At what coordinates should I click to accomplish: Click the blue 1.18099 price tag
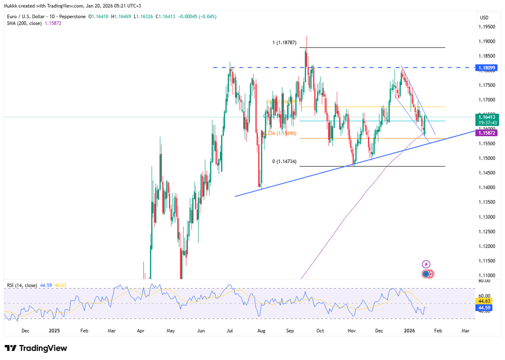[x=487, y=68]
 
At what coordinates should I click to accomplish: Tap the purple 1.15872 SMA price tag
[x=487, y=132]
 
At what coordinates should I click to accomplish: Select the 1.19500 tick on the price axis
[x=487, y=27]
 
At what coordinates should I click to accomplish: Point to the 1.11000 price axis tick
[x=487, y=275]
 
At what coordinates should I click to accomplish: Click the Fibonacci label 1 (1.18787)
[x=286, y=42]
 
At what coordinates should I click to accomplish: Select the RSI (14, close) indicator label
[x=22, y=285]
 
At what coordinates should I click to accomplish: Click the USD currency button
[x=484, y=17]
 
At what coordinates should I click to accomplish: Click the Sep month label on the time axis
[x=290, y=330]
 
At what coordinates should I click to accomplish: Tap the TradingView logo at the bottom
[x=36, y=348]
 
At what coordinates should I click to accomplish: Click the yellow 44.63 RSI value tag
[x=484, y=302]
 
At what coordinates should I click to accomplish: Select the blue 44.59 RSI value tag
[x=484, y=308]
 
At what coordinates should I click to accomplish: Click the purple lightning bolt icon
[x=426, y=264]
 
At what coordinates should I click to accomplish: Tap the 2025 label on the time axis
[x=54, y=330]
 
